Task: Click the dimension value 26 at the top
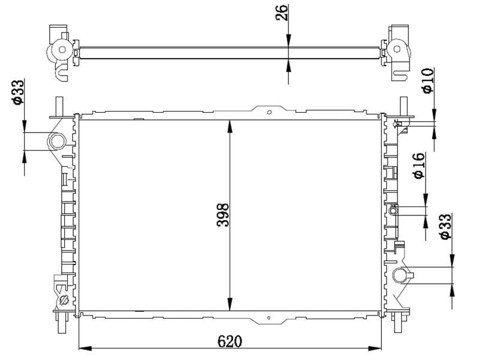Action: (282, 13)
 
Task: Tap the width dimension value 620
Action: (230, 340)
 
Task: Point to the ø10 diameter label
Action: (427, 80)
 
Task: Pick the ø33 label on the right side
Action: (445, 227)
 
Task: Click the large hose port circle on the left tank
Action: (57, 142)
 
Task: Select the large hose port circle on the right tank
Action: (400, 276)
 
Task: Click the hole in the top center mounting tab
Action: (270, 111)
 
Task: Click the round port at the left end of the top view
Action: (61, 49)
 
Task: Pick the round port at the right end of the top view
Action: (396, 49)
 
